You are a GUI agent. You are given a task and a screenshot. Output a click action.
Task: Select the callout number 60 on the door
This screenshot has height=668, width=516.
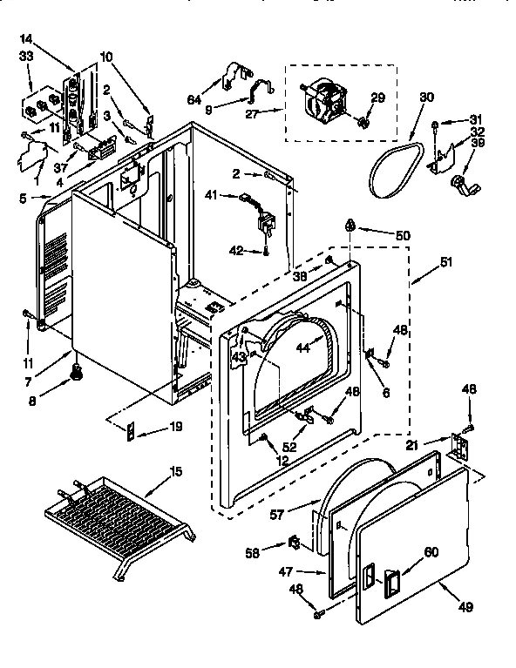pos(431,550)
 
